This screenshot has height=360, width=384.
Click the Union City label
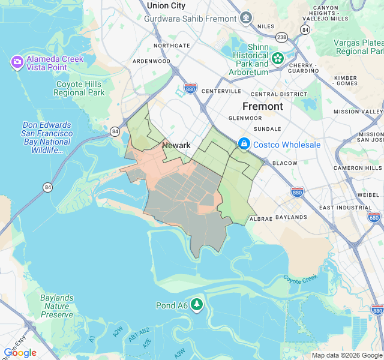[166, 5]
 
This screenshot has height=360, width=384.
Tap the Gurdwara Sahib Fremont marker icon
[245, 18]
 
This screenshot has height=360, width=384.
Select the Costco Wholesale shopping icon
[244, 145]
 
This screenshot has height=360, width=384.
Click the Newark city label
[176, 145]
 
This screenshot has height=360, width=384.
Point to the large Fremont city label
[262, 106]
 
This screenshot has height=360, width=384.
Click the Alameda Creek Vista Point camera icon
[17, 61]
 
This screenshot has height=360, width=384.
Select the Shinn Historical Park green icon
[278, 58]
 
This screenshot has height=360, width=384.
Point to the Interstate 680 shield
[374, 217]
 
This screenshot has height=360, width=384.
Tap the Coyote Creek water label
[300, 279]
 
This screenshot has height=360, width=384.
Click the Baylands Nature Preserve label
[57, 306]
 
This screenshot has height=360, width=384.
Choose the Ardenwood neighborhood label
[151, 61]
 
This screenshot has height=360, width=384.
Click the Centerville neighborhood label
[221, 91]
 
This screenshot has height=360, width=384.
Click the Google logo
[20, 353]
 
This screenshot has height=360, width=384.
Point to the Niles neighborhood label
[266, 26]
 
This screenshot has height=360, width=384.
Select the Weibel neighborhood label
[368, 194]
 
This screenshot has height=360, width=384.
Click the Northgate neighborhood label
[171, 46]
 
